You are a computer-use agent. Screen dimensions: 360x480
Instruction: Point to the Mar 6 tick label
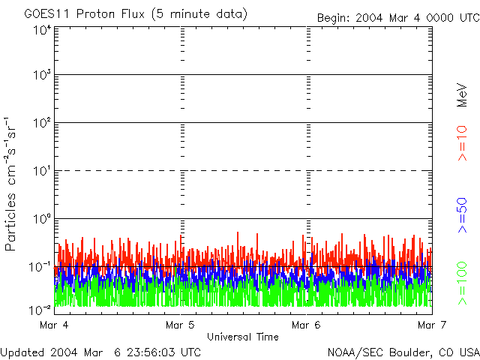tap(305, 325)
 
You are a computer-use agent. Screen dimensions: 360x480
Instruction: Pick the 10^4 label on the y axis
tap(42, 30)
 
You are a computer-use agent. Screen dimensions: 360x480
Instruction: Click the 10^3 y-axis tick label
tap(42, 76)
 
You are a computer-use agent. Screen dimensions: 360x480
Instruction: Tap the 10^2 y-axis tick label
tap(42, 124)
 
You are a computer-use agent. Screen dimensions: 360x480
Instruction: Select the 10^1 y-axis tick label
tap(42, 172)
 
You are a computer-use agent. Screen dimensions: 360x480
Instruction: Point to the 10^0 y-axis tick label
tap(42, 220)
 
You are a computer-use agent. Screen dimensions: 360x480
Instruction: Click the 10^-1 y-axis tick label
tap(40, 267)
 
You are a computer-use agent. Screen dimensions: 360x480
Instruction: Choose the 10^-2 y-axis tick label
tap(40, 309)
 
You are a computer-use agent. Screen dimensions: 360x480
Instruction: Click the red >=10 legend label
tap(463, 142)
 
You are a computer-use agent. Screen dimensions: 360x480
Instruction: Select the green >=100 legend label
tap(463, 283)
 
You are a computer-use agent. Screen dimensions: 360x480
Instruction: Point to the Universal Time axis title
tap(242, 337)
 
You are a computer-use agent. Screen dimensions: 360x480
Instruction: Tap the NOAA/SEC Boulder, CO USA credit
tap(403, 352)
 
